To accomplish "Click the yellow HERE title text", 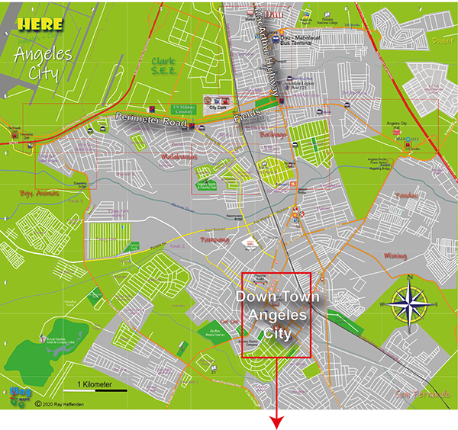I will coord(40,24).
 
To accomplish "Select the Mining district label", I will coord(396,255).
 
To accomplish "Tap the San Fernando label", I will coord(421,393).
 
